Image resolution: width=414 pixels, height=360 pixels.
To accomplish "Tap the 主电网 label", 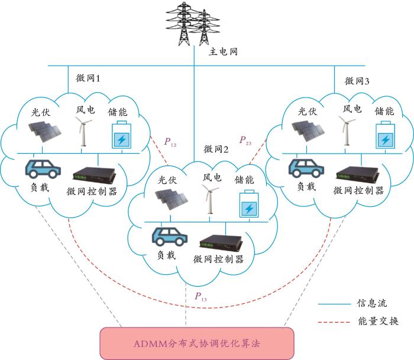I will coord(223,52).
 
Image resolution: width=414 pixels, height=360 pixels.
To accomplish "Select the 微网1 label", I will coord(89,78).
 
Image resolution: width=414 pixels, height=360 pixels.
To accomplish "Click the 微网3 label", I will coord(357,81).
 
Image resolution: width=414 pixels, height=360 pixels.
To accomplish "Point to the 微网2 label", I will coord(216,148).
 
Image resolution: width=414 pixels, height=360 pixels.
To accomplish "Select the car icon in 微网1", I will coord(42,168).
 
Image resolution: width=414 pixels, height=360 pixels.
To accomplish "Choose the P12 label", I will coord(170,142).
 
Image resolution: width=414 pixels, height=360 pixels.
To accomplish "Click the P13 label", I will coord(200,297).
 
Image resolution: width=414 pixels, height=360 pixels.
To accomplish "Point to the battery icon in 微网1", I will coord(121,134).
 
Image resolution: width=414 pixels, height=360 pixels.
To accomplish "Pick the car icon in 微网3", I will coord(306,167).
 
